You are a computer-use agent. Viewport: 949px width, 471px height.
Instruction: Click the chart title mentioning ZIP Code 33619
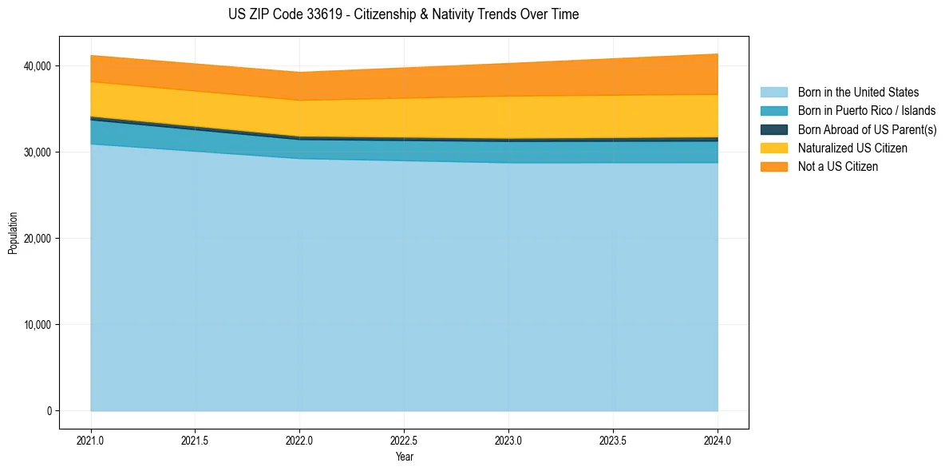click(403, 14)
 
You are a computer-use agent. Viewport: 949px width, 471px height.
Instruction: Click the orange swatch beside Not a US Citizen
click(773, 166)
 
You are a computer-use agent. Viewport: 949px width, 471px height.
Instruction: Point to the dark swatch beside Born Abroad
click(773, 129)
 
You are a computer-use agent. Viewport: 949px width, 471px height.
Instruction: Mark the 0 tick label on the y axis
click(48, 411)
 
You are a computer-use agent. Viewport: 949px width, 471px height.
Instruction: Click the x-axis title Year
click(405, 457)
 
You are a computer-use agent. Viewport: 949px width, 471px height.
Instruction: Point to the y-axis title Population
click(13, 233)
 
